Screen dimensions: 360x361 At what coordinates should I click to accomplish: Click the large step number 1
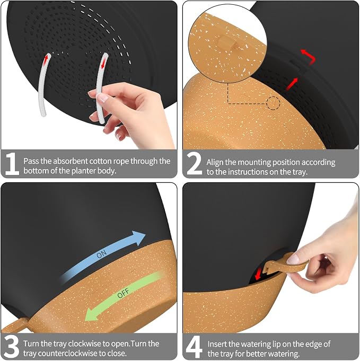12,164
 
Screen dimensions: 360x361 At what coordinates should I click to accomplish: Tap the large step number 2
195,164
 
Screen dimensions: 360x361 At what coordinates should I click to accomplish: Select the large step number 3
12,347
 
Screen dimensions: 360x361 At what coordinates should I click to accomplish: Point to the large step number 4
194,347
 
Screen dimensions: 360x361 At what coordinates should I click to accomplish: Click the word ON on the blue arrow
102,254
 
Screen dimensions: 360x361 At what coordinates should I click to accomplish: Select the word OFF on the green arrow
123,293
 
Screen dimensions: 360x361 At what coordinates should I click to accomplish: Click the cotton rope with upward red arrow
44,84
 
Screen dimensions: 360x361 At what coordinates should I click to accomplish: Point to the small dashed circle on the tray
273,103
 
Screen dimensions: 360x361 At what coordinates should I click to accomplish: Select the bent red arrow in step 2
309,56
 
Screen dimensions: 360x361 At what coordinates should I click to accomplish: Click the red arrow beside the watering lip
259,274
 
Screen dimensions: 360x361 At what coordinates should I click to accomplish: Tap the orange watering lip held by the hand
286,265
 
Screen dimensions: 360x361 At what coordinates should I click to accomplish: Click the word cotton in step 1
101,161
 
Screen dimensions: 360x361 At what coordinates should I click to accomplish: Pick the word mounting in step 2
254,163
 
